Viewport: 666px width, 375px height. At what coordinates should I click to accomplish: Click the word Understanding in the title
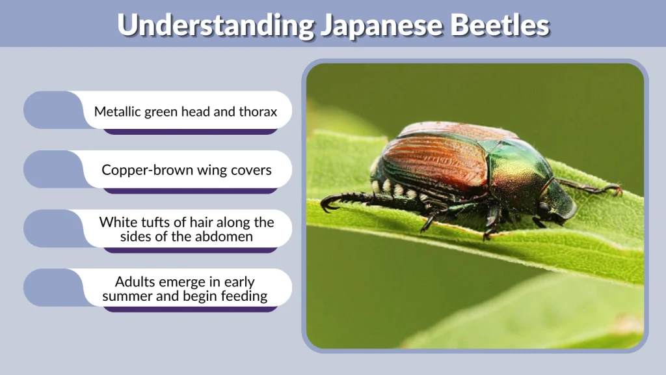coord(215,25)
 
